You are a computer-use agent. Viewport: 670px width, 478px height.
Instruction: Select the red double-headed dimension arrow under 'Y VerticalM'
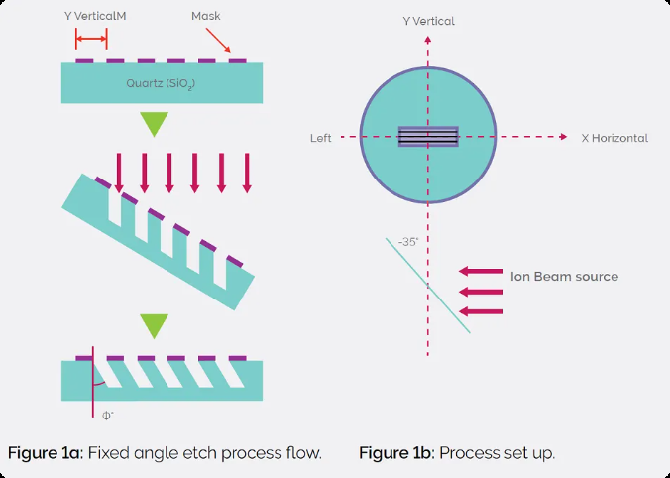click(x=91, y=39)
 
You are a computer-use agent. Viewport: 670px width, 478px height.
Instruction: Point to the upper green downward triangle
click(x=155, y=123)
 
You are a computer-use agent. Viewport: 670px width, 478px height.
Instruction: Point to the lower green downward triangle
click(x=155, y=325)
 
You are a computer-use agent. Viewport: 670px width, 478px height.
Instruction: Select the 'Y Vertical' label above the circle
click(x=428, y=21)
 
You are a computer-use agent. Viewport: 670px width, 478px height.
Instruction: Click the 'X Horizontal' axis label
click(x=614, y=138)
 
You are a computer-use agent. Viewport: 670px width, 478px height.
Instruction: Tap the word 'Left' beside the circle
click(x=320, y=138)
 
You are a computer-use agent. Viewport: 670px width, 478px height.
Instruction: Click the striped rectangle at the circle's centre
click(x=428, y=137)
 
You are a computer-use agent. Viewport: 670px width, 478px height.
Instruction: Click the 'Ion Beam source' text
click(x=564, y=276)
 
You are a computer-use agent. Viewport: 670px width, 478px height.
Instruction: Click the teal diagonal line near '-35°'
click(x=428, y=286)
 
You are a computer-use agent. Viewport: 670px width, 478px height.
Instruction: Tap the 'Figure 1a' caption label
click(x=46, y=453)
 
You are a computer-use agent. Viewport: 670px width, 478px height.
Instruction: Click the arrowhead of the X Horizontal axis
click(x=563, y=137)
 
